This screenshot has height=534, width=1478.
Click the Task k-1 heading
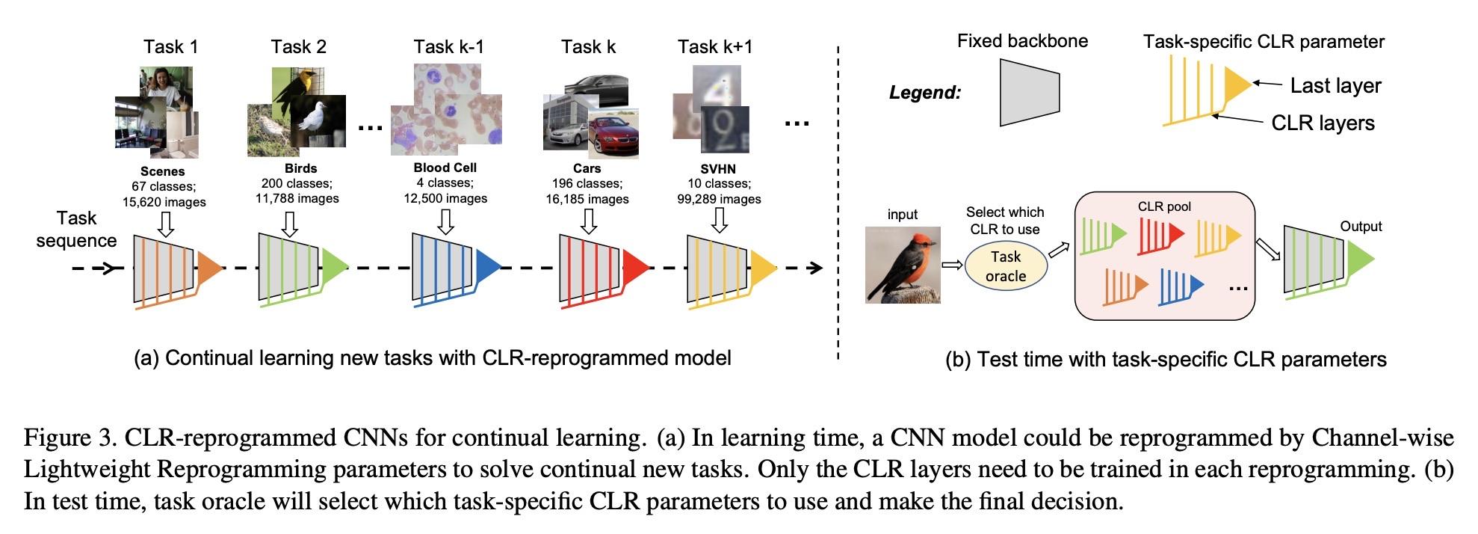pos(448,46)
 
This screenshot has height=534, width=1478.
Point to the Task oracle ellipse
pos(1005,266)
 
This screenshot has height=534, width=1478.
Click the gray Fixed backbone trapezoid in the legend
pos(1030,93)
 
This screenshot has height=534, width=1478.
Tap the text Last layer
pos(1335,85)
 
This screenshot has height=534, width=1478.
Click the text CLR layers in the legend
pos(1323,123)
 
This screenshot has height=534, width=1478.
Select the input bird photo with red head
pos(903,265)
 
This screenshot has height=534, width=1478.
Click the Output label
pos(1361,227)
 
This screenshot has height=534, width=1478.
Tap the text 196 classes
pos(587,183)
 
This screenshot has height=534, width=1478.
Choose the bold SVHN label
pos(718,169)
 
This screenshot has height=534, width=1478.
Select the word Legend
pos(924,93)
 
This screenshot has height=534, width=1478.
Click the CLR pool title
pos(1164,206)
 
